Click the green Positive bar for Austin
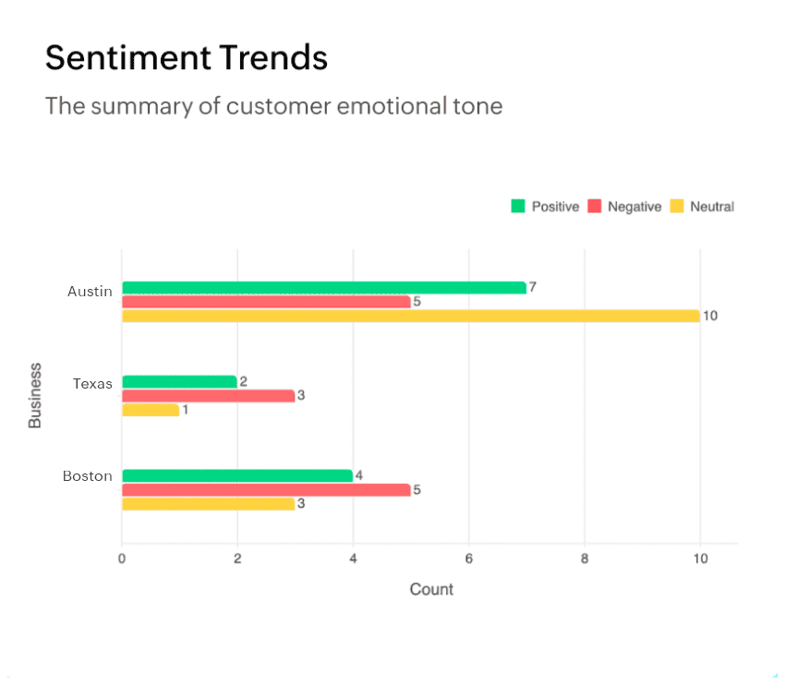[x=323, y=288]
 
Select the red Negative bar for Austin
[x=266, y=302]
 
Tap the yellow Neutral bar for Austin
[x=410, y=316]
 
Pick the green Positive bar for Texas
[x=179, y=382]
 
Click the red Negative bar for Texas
[x=208, y=396]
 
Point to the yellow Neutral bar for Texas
[x=151, y=410]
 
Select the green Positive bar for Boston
[x=237, y=476]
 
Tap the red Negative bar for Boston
[x=266, y=490]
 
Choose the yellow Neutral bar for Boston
[x=208, y=504]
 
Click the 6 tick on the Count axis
[x=468, y=559]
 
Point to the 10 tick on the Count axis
[x=700, y=559]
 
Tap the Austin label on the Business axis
[x=90, y=292]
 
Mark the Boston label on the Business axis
[x=88, y=476]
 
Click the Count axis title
[x=431, y=589]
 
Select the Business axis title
[x=35, y=395]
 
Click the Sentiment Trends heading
[x=187, y=58]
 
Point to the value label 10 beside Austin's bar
[x=710, y=316]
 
